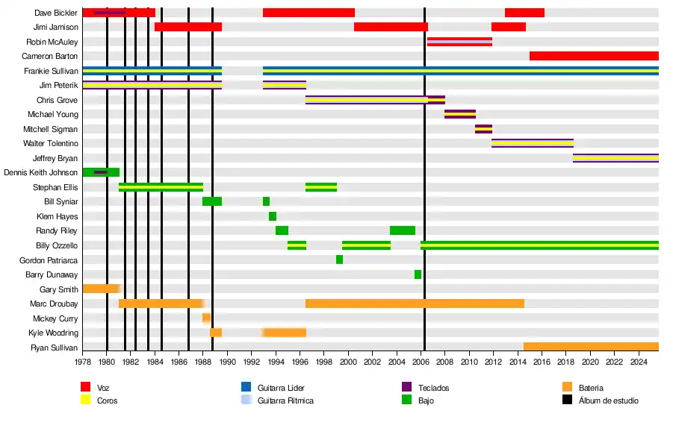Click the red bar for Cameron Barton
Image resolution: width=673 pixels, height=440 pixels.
(594, 56)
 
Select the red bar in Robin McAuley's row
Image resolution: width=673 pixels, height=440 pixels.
(459, 42)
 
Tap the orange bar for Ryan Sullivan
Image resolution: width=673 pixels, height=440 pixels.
(591, 347)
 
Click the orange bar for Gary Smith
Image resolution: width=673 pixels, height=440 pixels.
(101, 289)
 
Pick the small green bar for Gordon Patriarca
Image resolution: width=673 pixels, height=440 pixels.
(339, 260)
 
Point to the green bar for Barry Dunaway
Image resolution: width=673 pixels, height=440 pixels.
(418, 274)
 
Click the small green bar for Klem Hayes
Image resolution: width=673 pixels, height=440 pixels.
(273, 216)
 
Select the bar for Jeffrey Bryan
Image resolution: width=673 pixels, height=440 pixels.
(615, 158)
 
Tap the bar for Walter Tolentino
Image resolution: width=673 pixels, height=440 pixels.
(533, 143)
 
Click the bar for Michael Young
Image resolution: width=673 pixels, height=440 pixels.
(460, 114)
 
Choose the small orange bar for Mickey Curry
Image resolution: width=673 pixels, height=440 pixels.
(206, 318)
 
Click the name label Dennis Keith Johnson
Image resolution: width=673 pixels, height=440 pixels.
(40, 172)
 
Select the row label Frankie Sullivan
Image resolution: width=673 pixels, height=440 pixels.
(51, 71)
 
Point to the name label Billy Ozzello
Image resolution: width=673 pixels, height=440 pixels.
(57, 245)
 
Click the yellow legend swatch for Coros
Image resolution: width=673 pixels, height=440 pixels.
(86, 400)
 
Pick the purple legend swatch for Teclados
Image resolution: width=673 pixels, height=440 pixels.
(407, 387)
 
